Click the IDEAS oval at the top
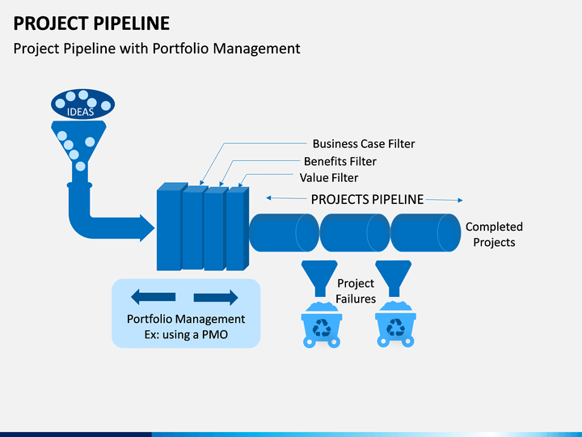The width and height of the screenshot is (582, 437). pyautogui.click(x=82, y=104)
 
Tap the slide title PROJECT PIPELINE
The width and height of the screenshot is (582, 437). pyautogui.click(x=91, y=23)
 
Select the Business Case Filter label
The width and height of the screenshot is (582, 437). pyautogui.click(x=364, y=144)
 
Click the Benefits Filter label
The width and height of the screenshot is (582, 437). pyautogui.click(x=340, y=161)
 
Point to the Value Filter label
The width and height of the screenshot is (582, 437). pyautogui.click(x=329, y=177)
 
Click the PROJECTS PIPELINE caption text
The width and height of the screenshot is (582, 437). pyautogui.click(x=367, y=200)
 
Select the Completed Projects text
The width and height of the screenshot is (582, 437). pyautogui.click(x=494, y=234)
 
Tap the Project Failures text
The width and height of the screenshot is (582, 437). pyautogui.click(x=356, y=291)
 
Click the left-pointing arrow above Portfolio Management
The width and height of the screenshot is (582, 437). pyautogui.click(x=153, y=297)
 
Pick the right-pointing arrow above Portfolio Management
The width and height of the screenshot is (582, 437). pyautogui.click(x=216, y=297)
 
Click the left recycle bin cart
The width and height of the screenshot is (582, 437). pyautogui.click(x=322, y=325)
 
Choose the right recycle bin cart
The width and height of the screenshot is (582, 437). pyautogui.click(x=395, y=325)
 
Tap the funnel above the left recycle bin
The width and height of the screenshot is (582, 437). pyautogui.click(x=319, y=278)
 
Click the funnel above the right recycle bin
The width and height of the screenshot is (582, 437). pyautogui.click(x=394, y=278)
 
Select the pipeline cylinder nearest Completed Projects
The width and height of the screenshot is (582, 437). pyautogui.click(x=426, y=233)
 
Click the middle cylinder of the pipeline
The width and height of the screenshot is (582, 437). pyautogui.click(x=355, y=233)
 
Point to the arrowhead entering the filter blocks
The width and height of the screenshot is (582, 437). pyautogui.click(x=147, y=227)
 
